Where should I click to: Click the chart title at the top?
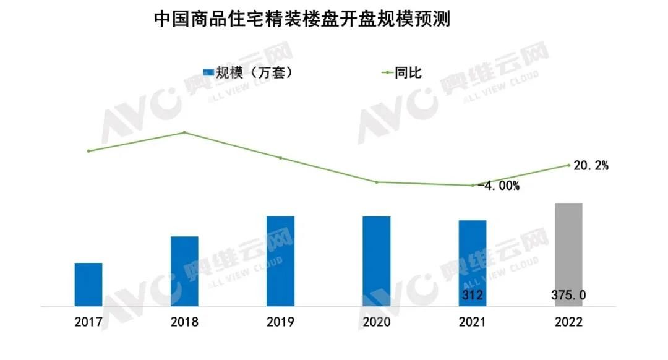(x=302, y=20)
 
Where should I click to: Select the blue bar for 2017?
(x=88, y=284)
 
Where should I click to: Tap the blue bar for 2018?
(x=184, y=271)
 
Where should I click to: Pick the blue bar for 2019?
(x=280, y=260)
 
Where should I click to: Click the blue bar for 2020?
(x=376, y=260)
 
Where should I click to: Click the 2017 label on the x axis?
(x=88, y=322)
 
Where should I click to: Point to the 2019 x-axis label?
(x=280, y=322)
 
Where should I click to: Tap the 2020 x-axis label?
(x=376, y=322)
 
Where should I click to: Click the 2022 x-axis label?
(x=568, y=322)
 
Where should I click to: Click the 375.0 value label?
(x=568, y=296)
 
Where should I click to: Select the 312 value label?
(x=472, y=296)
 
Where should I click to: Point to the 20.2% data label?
(x=591, y=166)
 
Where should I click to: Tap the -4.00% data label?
(x=498, y=186)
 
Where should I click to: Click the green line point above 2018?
(x=184, y=132)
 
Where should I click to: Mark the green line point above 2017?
(x=88, y=151)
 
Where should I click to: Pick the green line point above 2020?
(x=376, y=182)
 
